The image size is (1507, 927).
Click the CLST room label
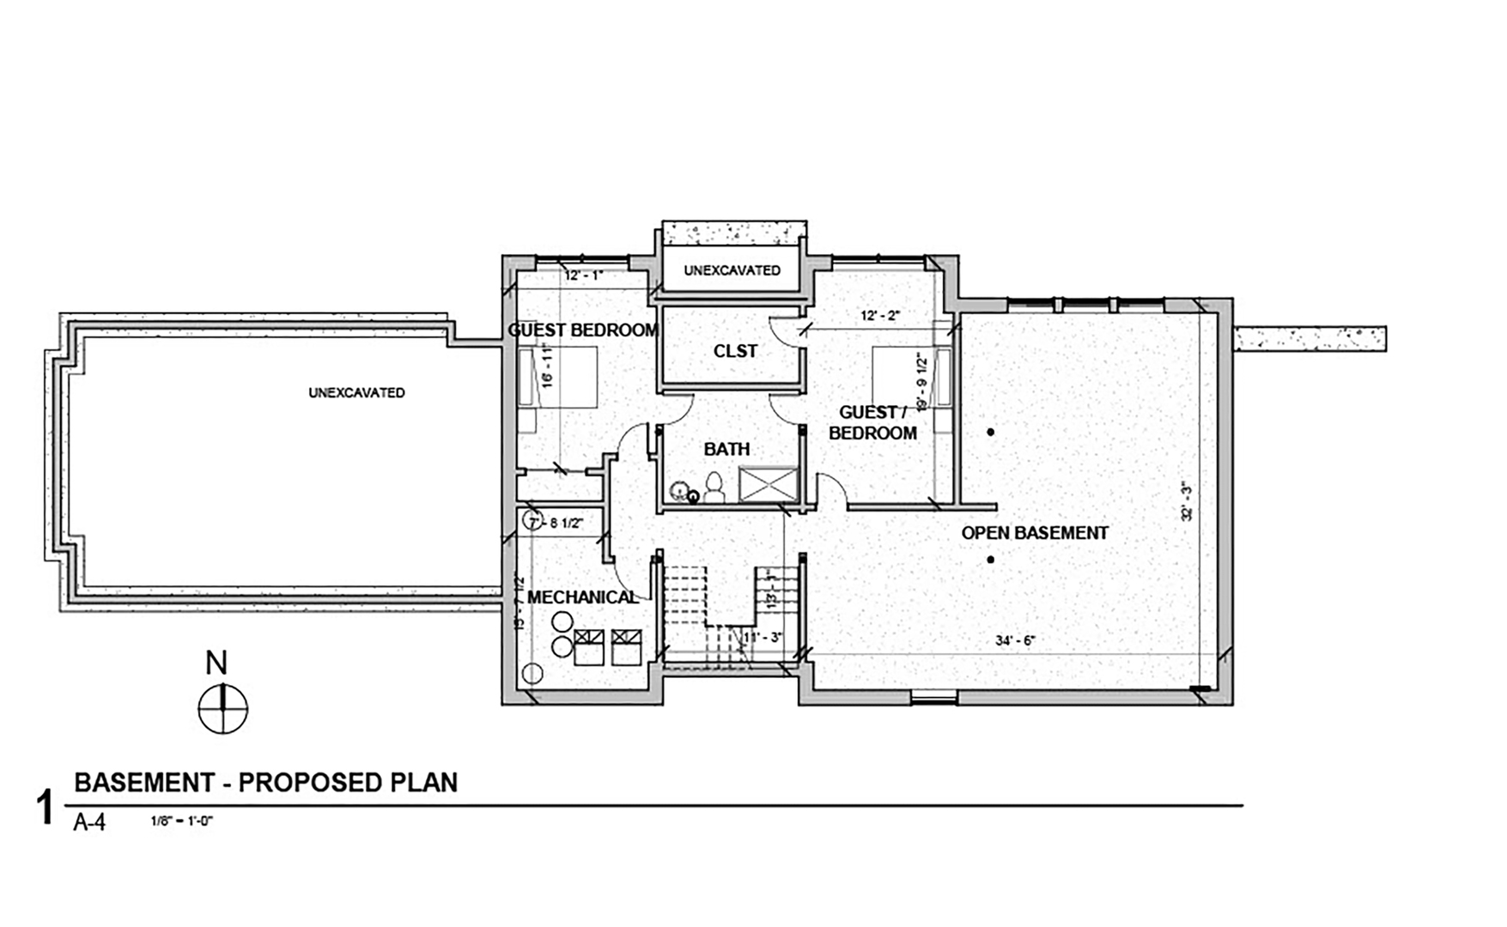[x=735, y=351]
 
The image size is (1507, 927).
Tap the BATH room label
[x=726, y=449]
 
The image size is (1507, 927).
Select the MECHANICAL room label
[x=582, y=597]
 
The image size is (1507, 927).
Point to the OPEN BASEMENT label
[x=1034, y=533]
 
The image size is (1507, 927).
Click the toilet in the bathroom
[x=714, y=488]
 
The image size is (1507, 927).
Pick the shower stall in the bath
[x=769, y=483]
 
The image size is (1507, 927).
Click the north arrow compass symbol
[x=222, y=709]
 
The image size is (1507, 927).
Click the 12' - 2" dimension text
[x=880, y=316]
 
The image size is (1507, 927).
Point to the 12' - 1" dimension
[x=584, y=276]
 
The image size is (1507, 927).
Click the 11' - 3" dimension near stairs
[x=762, y=638]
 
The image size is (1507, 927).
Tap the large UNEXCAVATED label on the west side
[x=356, y=393]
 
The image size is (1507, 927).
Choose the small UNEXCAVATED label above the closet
[x=732, y=270]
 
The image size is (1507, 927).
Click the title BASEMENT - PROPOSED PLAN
[x=266, y=783]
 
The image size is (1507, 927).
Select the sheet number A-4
[x=89, y=822]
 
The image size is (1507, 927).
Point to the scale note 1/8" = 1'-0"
[x=181, y=821]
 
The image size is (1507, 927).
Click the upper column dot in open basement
[x=990, y=433]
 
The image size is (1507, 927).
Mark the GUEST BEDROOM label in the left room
[x=583, y=330]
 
